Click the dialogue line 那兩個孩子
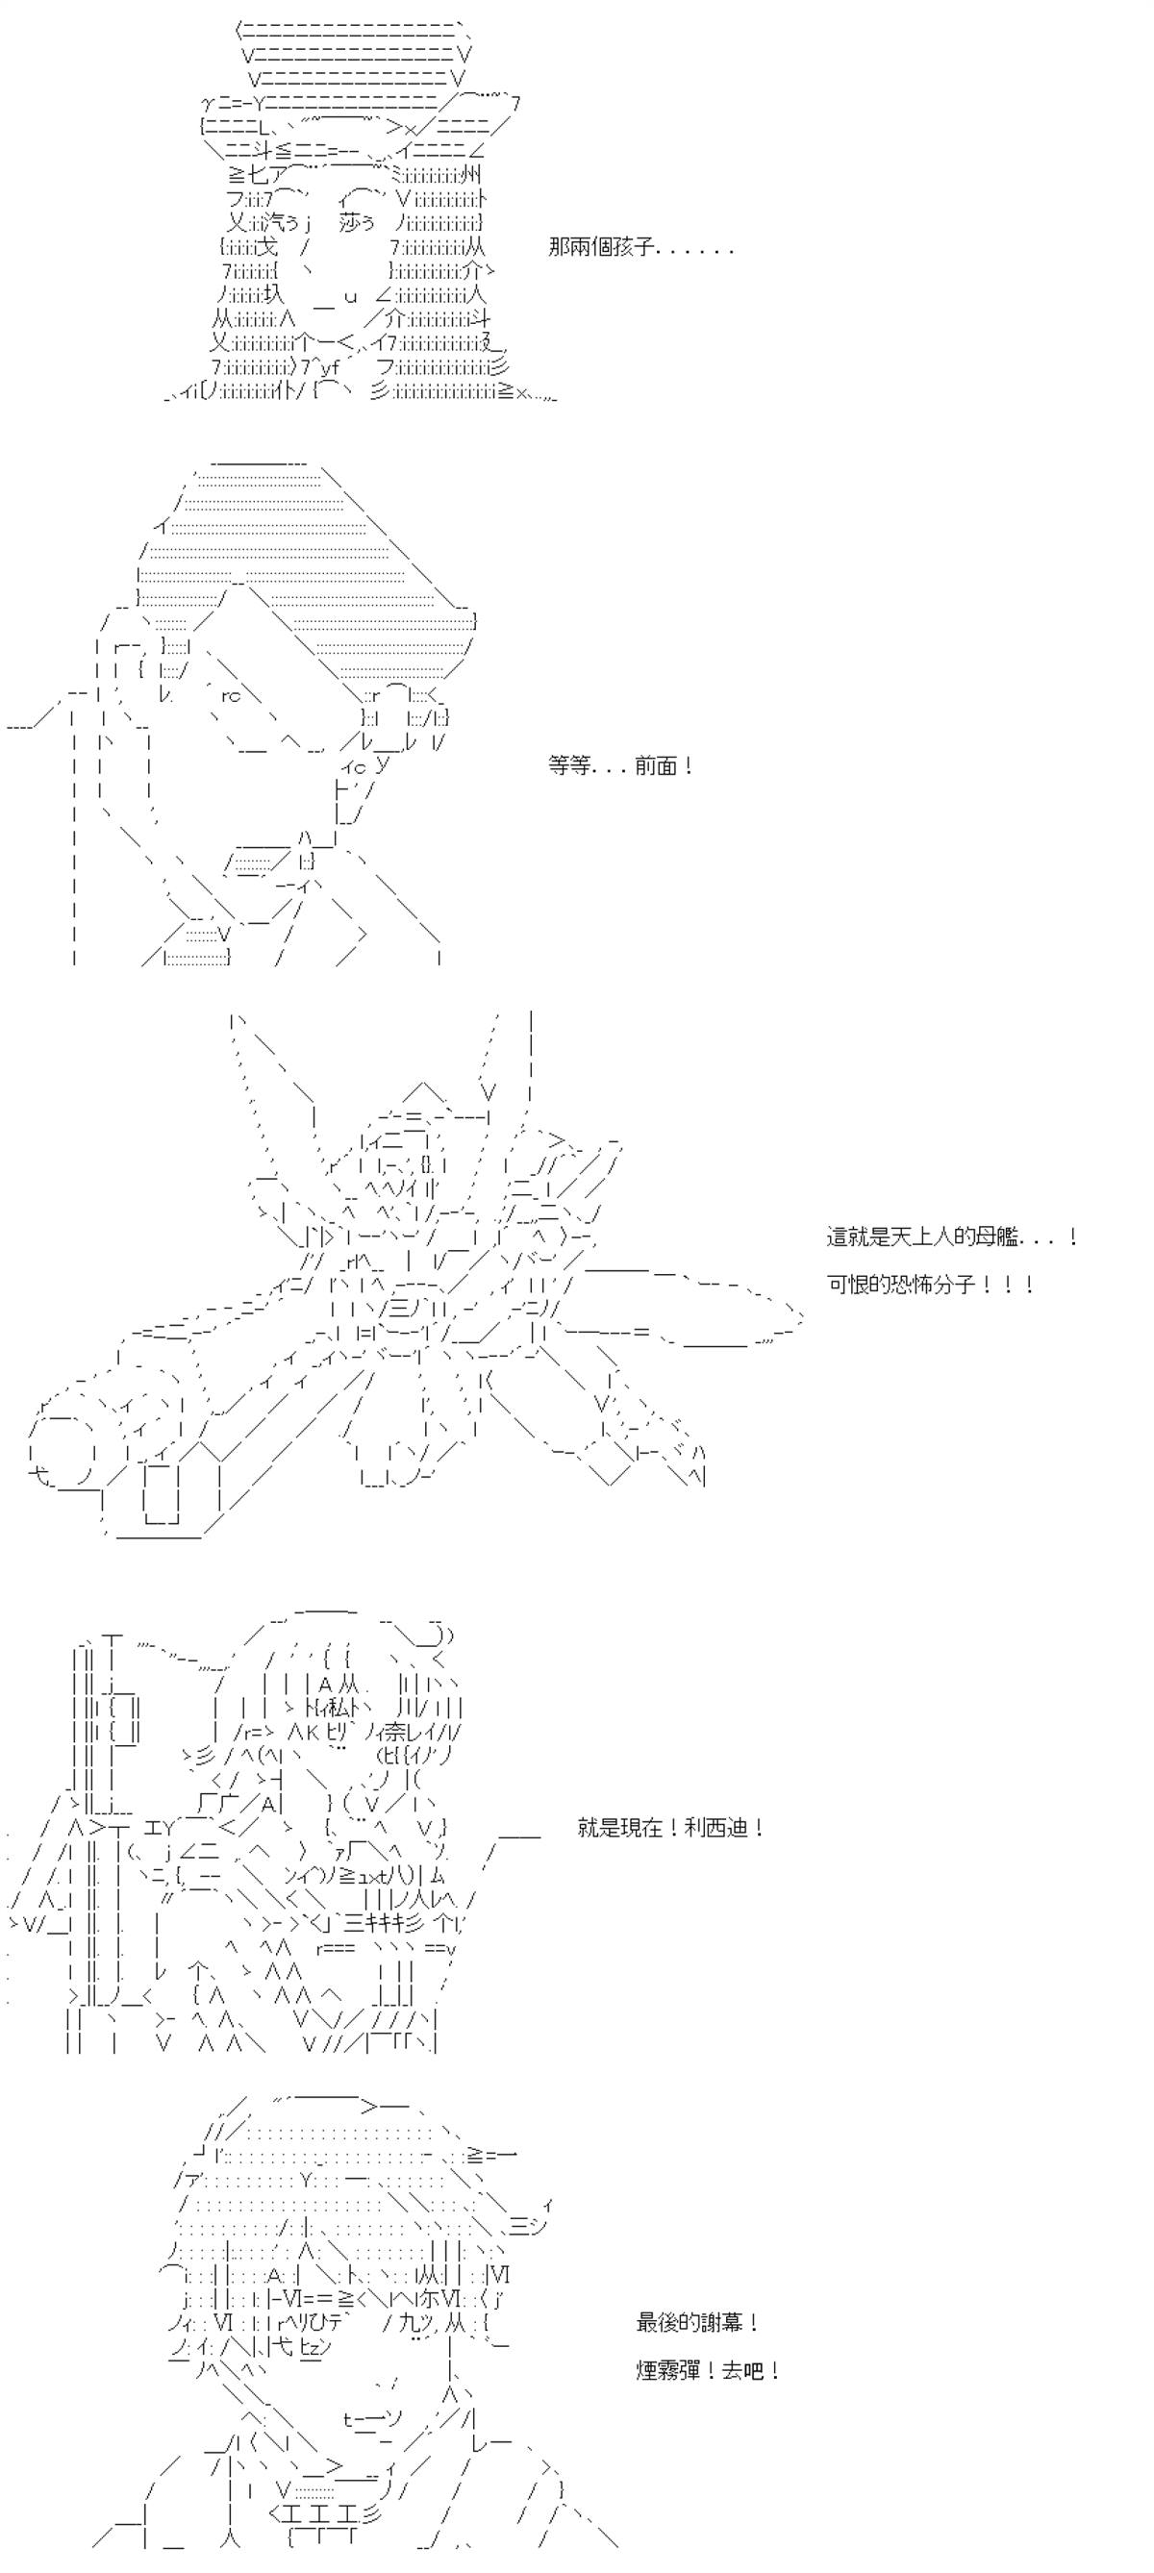click(x=640, y=247)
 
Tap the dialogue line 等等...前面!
click(x=620, y=766)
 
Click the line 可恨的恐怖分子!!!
click(x=930, y=1284)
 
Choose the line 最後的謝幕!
click(x=697, y=2322)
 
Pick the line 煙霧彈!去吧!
click(x=708, y=2369)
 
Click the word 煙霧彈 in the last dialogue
click(x=668, y=2369)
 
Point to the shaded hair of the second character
click(x=300, y=560)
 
